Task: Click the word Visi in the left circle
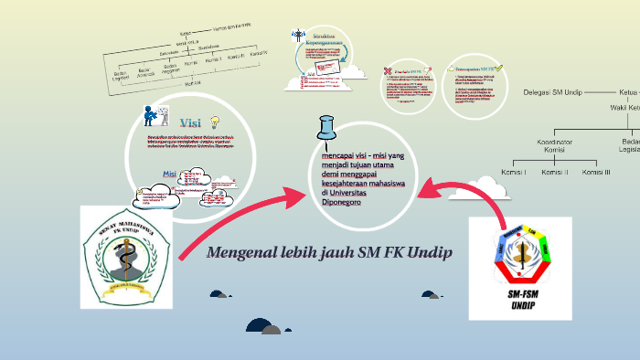[190, 122]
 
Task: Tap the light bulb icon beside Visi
[216, 122]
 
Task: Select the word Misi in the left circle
[169, 174]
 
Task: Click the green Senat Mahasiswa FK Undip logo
[124, 256]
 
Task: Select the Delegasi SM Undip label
[553, 92]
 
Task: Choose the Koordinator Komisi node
[558, 145]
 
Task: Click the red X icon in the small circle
[389, 71]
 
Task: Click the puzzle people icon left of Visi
[151, 116]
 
